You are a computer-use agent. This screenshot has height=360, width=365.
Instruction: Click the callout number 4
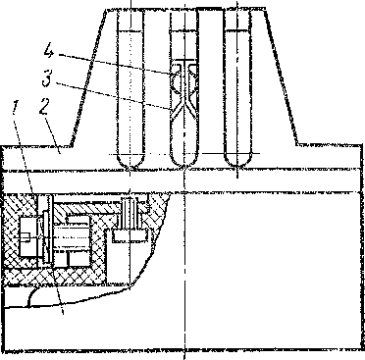click(x=48, y=52)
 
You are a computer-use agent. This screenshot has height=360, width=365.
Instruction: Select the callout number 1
click(x=16, y=107)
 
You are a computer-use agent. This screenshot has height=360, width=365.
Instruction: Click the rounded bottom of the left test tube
click(x=130, y=162)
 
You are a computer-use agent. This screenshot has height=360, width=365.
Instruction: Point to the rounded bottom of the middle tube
click(x=184, y=162)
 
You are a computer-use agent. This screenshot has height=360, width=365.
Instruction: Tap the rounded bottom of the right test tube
click(x=237, y=162)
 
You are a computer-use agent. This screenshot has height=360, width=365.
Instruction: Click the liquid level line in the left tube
click(x=130, y=30)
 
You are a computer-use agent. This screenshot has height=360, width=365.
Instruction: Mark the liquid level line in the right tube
click(x=237, y=30)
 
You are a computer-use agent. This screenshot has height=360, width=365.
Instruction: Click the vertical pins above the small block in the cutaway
click(x=130, y=213)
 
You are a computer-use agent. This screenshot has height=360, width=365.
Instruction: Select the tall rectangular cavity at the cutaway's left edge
click(x=28, y=236)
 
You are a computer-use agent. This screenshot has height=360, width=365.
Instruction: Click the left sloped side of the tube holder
click(x=87, y=77)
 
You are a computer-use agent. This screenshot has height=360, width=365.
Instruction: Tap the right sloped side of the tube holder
click(x=281, y=77)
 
